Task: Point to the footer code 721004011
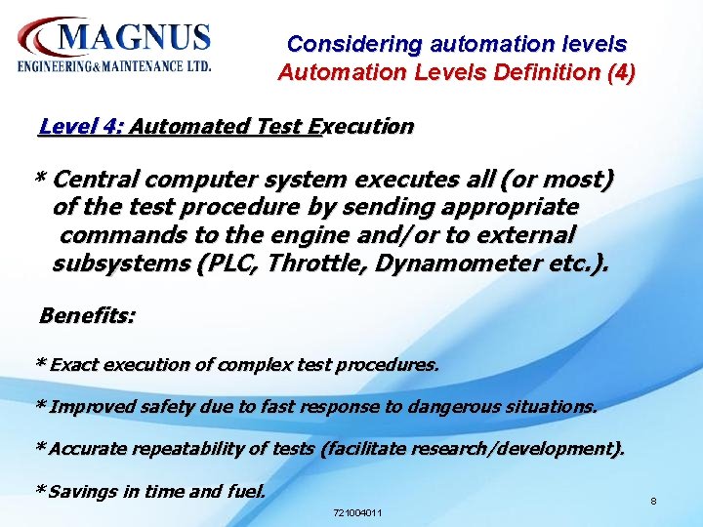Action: pos(357,512)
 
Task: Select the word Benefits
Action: pos(86,316)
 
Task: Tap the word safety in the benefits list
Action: pos(178,407)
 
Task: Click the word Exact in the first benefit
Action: pos(74,365)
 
